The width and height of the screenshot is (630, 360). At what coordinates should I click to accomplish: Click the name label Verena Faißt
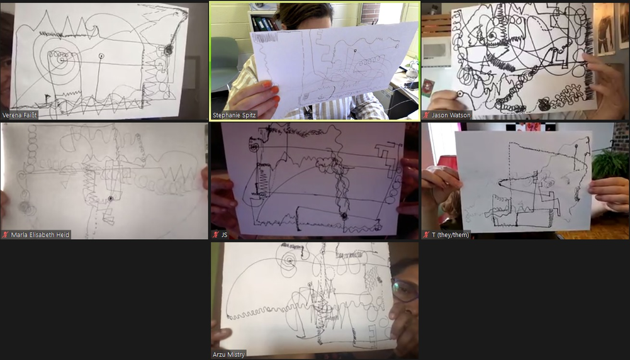tap(20, 115)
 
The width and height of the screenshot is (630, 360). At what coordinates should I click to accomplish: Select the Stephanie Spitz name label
tap(234, 115)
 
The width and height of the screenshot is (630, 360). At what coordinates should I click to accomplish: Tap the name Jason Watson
tap(451, 115)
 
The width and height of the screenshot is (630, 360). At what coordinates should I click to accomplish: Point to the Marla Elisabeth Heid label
tap(40, 235)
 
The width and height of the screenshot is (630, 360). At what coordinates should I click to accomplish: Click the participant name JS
tap(224, 235)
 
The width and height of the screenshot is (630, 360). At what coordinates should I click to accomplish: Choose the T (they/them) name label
tap(451, 235)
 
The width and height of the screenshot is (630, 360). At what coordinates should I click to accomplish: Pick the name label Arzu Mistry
tap(228, 354)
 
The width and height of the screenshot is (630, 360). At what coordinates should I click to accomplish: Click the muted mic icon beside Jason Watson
tap(427, 115)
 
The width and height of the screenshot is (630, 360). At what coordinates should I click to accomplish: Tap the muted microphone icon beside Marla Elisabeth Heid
tap(6, 235)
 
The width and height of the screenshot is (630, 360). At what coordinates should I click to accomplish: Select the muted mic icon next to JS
tap(216, 235)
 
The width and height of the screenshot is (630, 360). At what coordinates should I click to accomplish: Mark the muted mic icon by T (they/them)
tap(427, 235)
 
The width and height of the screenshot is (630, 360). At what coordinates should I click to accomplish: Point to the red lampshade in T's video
tap(447, 162)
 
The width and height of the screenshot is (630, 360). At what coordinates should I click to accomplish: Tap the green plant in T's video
tap(610, 164)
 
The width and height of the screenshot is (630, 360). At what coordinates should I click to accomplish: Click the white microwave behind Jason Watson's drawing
tap(436, 52)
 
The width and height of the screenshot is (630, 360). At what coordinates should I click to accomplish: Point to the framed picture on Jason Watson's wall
tap(604, 29)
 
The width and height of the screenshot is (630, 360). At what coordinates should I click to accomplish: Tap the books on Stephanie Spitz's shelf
tap(264, 24)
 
